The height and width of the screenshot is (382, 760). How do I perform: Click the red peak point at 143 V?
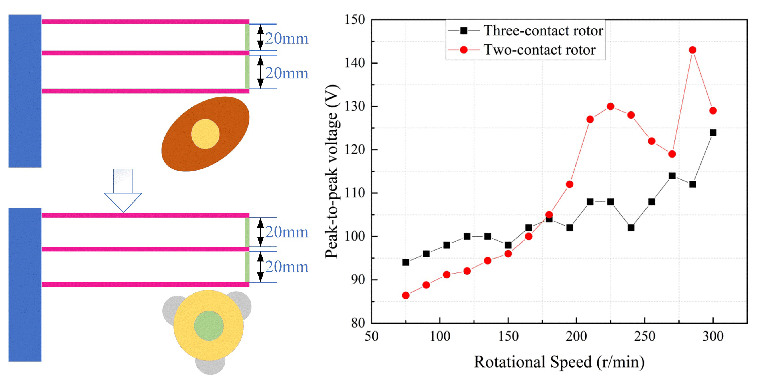point(692,50)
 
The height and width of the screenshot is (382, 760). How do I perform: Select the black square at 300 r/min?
point(713,132)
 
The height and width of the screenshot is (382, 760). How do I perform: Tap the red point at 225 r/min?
point(610,106)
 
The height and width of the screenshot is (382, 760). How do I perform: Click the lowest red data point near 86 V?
point(405,295)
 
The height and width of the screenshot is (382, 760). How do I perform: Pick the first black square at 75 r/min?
point(405,262)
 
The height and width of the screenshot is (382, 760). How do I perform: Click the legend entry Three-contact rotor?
point(543,31)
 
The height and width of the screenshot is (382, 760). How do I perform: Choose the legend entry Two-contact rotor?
point(539,50)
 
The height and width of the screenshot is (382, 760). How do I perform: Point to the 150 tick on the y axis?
point(355,19)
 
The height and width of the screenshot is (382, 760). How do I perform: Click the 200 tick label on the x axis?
point(576,336)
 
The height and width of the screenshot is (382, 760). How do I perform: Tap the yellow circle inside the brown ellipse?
point(205,134)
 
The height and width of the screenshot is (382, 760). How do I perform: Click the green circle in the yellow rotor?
point(209,326)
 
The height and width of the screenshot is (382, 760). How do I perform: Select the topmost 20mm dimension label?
point(286,39)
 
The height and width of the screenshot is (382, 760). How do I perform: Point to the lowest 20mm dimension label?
point(286,267)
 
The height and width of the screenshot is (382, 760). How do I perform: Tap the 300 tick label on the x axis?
point(713,336)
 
